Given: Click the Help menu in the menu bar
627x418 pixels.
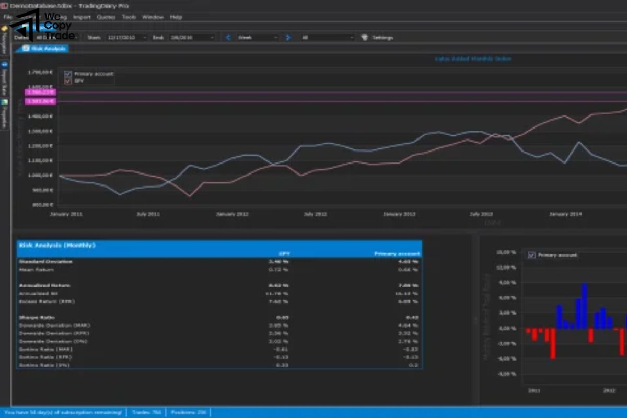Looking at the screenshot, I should point(176,17).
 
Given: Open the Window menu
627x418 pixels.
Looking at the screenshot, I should point(153,17).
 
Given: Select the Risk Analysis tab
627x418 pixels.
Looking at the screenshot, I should point(45,49).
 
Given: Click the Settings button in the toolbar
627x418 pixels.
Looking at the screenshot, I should point(378,38).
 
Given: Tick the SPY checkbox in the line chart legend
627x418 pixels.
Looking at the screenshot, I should point(68,81).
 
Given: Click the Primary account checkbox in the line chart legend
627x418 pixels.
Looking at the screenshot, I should point(68,74).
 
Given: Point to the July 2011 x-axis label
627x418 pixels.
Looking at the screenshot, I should point(148,214).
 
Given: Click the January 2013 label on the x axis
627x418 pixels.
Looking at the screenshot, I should point(400,214).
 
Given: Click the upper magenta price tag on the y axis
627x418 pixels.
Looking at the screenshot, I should point(40,92).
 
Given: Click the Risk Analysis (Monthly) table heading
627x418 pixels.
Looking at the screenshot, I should point(57,245).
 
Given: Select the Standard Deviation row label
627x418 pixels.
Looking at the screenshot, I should point(46,261).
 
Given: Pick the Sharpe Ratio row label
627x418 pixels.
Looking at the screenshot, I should point(37,317).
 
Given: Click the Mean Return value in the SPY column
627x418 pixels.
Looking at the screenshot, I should point(278,270).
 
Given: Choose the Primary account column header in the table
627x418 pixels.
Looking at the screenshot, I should point(397,254).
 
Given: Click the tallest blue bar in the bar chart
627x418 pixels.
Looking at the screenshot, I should point(585,306).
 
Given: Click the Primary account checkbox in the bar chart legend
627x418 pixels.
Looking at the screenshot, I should point(531,255).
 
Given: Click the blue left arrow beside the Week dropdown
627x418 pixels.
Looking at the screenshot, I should point(228,38).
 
